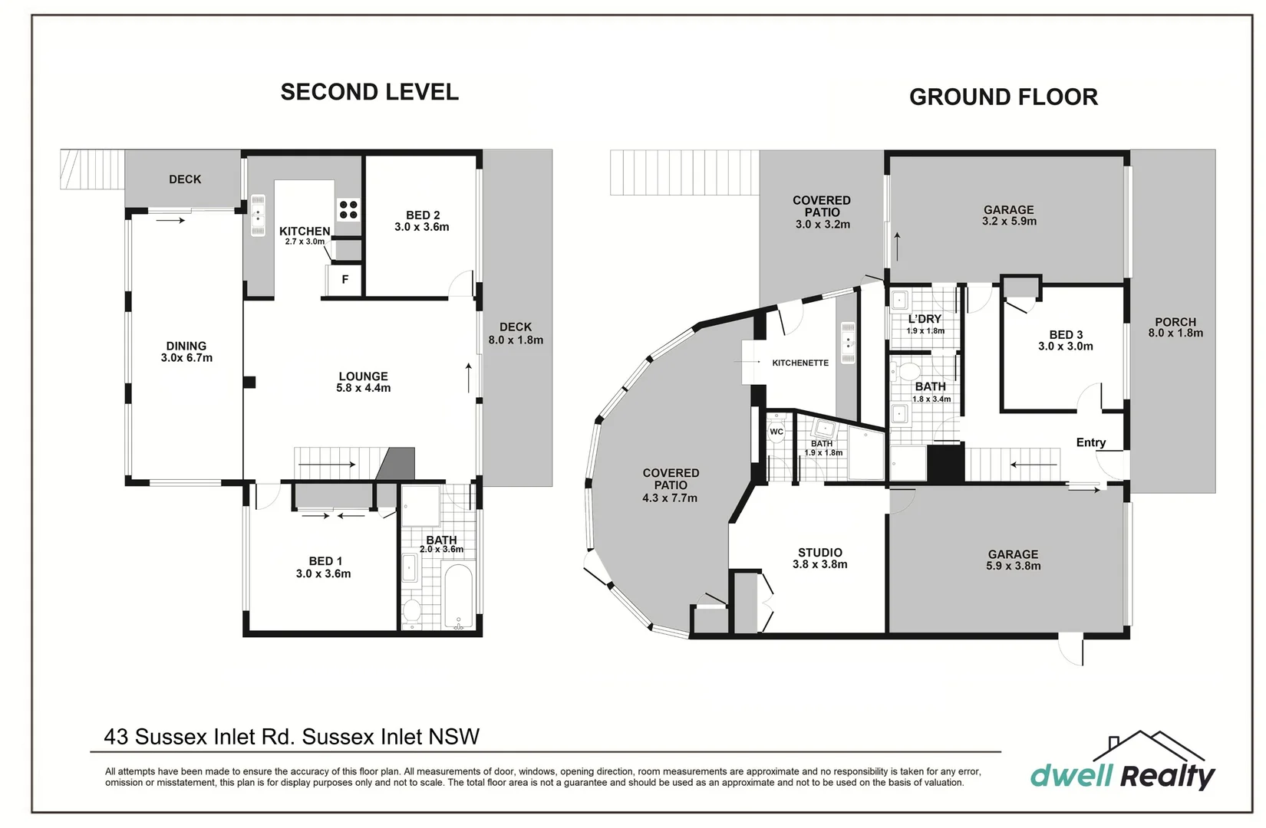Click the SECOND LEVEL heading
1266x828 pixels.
[369, 92]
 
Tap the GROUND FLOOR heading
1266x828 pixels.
[1003, 97]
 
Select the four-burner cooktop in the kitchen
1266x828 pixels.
[348, 209]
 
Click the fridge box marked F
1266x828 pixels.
[345, 280]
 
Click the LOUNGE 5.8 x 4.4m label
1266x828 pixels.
[363, 382]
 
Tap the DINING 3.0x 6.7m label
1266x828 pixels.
[186, 352]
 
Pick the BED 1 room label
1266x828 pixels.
[323, 567]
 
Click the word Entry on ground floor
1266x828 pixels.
[1090, 442]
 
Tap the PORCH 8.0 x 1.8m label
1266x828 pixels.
[1175, 327]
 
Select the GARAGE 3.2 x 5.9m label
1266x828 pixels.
[1008, 215]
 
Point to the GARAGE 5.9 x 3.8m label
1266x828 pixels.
[1013, 560]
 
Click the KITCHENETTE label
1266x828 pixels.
[799, 363]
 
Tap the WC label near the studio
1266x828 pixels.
[776, 432]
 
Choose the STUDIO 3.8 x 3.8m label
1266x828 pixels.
[819, 558]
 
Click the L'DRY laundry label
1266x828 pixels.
[925, 319]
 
